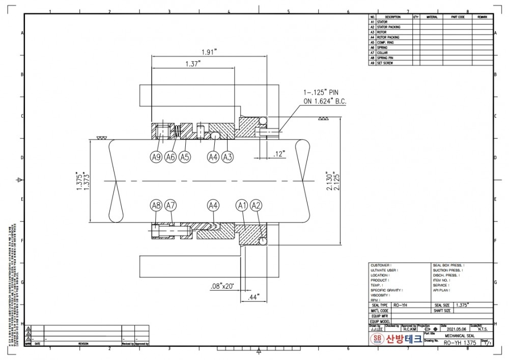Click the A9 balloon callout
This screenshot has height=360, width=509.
click(156, 158)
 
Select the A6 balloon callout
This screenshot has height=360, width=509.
click(171, 158)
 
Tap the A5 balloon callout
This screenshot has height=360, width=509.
click(185, 158)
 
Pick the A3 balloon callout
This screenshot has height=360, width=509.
click(228, 158)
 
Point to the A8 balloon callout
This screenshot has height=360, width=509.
click(156, 205)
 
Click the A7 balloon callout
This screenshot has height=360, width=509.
click(171, 205)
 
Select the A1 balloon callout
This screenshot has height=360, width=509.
click(242, 205)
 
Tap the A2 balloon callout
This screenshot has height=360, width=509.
click(257, 205)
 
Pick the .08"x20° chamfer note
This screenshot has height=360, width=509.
click(222, 287)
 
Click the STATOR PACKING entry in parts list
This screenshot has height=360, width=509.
click(388, 27)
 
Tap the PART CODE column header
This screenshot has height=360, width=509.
click(458, 17)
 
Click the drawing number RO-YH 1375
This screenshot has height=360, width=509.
click(460, 343)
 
